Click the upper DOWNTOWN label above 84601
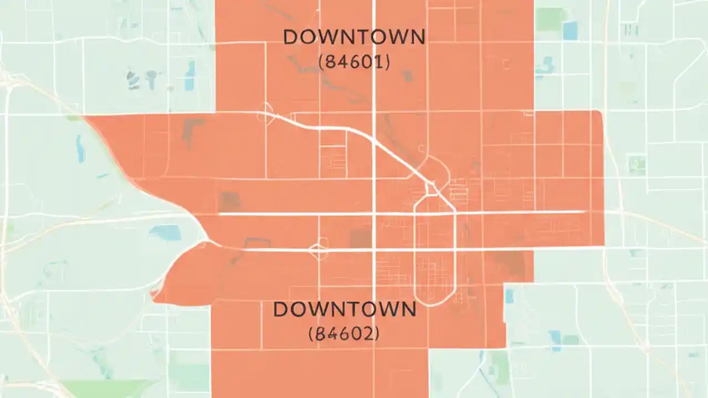point(354,38)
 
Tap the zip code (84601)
point(354,62)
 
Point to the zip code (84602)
point(343,334)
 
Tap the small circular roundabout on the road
point(319,250)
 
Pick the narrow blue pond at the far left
point(80,148)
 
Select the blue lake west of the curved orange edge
point(166,232)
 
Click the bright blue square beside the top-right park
point(570,30)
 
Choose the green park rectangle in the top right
point(550,19)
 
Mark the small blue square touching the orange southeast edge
point(509,297)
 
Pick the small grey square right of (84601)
point(408,76)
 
